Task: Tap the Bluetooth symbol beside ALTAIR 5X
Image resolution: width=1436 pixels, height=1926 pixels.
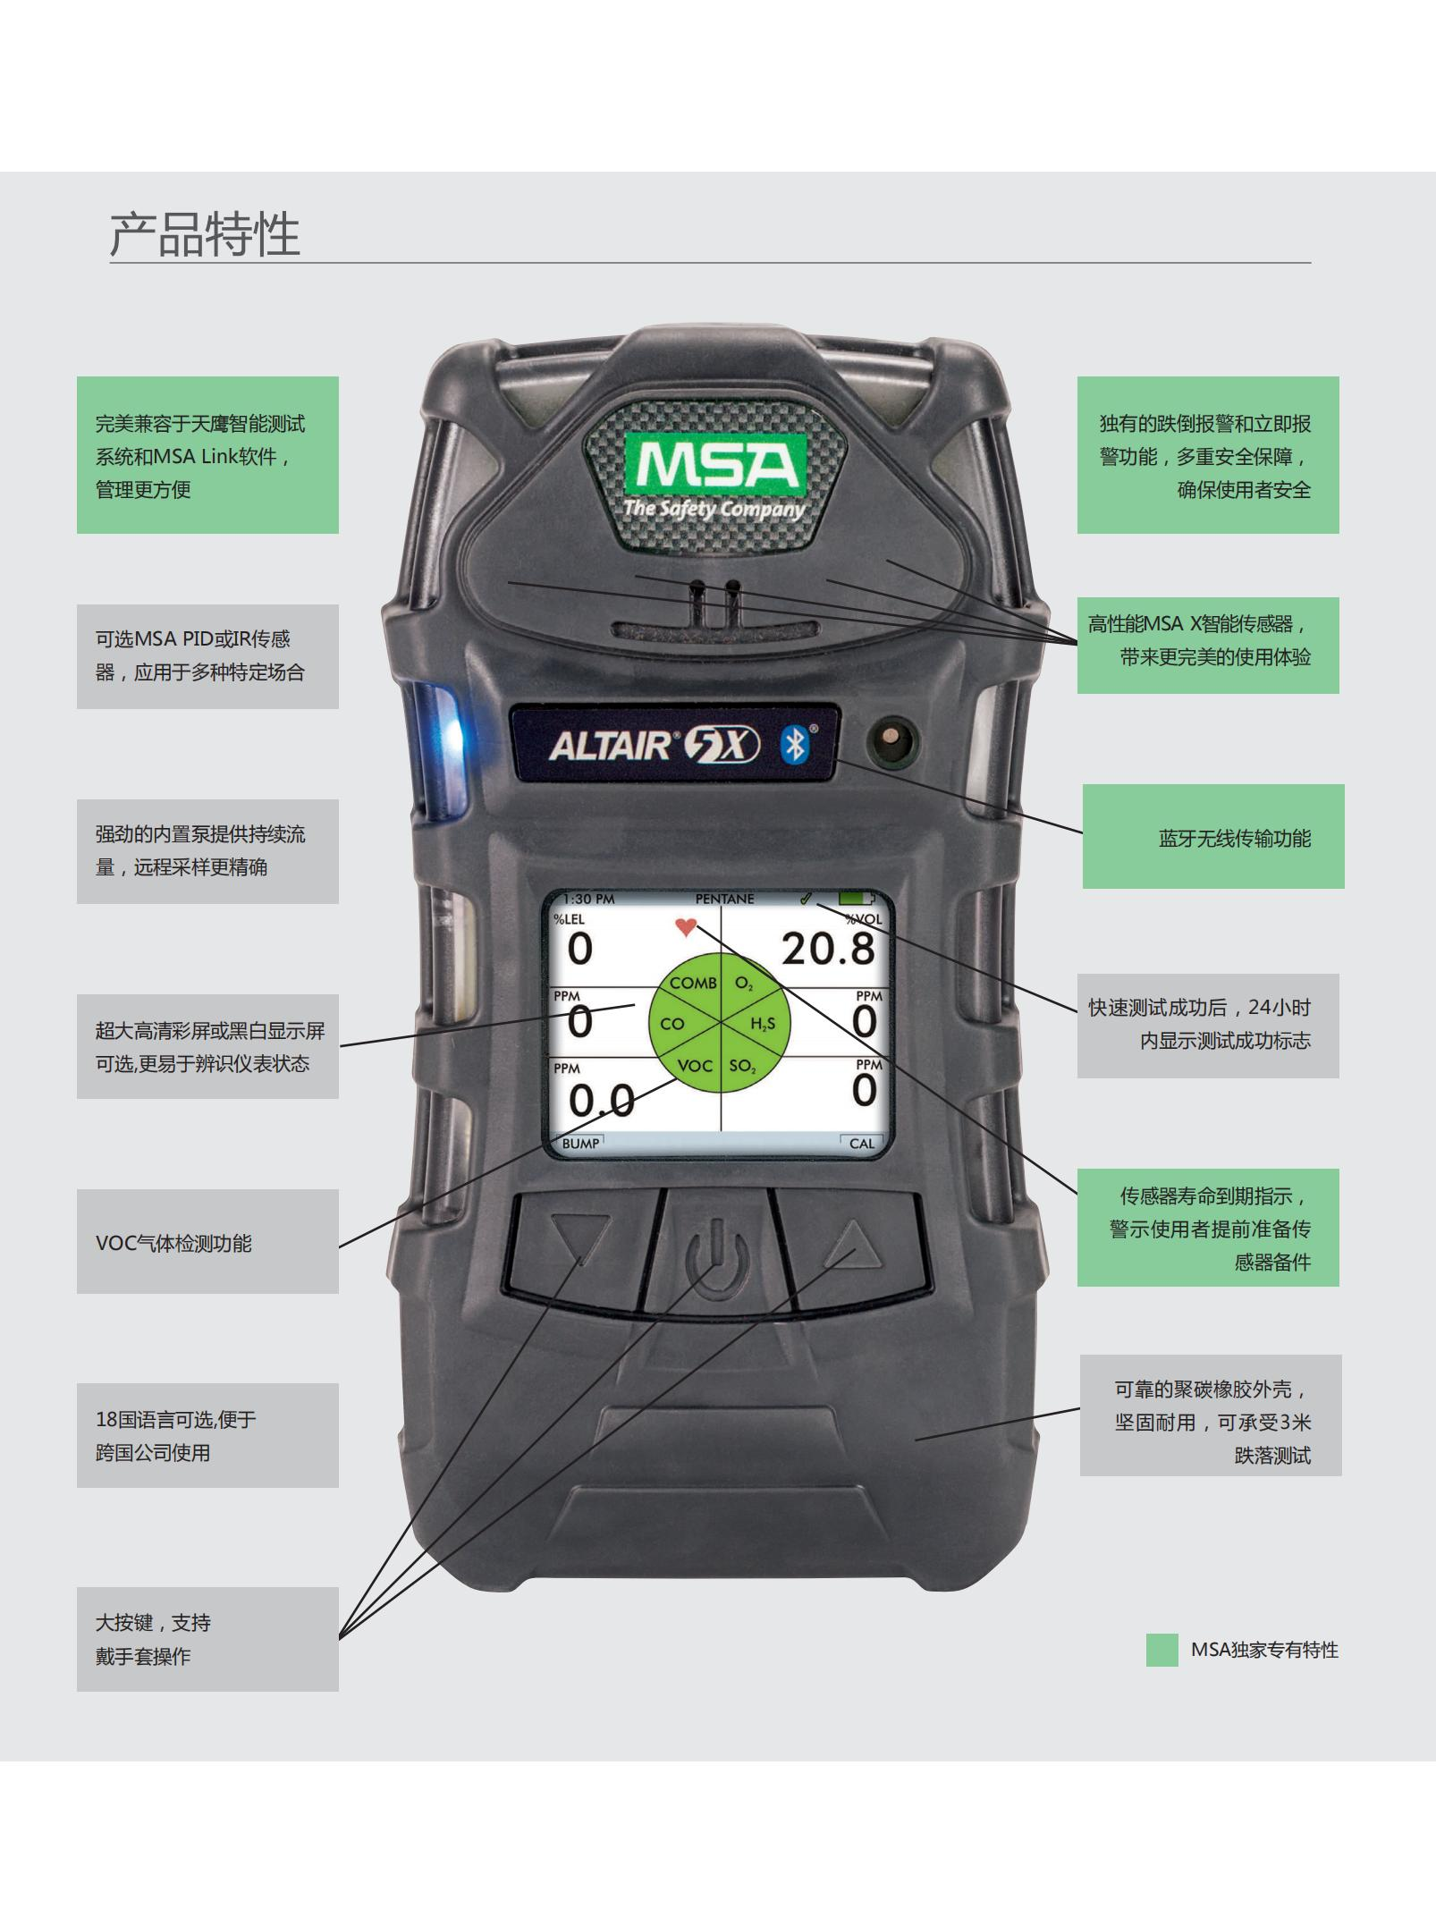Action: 793,744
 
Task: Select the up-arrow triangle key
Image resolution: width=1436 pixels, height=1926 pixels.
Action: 850,1243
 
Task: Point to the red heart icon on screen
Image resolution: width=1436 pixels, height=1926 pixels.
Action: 686,927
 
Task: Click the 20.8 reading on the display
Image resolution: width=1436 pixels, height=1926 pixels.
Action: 828,948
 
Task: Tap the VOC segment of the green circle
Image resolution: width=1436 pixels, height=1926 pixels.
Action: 694,1066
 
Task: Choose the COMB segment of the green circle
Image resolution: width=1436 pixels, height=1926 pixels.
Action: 693,984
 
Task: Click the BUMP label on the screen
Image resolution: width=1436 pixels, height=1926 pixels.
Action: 580,1144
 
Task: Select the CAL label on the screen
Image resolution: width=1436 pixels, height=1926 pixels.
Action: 861,1144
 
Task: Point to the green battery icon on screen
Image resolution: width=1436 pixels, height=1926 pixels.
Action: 857,897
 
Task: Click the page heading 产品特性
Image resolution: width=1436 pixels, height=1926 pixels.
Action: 205,235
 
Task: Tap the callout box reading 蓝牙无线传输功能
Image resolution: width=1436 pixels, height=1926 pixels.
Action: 1212,837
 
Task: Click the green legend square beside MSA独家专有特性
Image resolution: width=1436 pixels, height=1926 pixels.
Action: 1161,1651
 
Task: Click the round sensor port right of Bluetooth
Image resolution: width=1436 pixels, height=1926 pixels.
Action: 891,741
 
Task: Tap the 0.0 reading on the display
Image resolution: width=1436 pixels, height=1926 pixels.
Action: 601,1101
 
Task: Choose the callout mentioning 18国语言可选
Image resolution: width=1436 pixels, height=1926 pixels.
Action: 207,1435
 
